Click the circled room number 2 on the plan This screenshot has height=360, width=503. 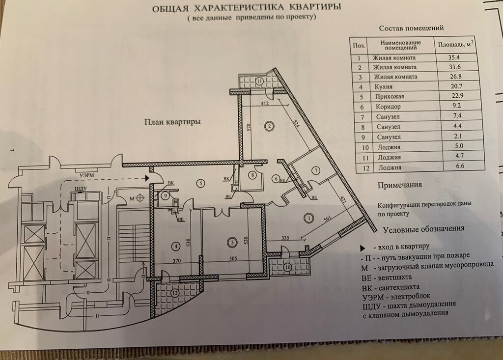tap(270, 126)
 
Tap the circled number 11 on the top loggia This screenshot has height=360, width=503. tap(259, 81)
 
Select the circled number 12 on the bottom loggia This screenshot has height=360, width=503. tap(175, 293)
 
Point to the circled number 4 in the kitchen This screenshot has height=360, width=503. tap(176, 247)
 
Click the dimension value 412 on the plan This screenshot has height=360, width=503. tap(265, 104)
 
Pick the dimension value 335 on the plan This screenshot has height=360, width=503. tap(285, 238)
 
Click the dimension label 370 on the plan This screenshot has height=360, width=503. tap(176, 261)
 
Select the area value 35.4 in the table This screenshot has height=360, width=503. tap(454, 58)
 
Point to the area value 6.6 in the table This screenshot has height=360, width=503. tap(460, 166)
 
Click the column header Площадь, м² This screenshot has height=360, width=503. tap(456, 44)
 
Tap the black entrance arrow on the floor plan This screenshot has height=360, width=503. tap(147, 178)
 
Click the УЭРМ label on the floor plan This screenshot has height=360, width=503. tap(86, 175)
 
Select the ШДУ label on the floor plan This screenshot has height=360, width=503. tap(81, 189)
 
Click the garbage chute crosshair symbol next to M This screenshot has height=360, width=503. tap(140, 198)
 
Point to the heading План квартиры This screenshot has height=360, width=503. tap(172, 122)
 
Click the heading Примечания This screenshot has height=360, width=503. tap(400, 185)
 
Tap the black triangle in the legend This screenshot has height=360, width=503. tap(363, 249)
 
